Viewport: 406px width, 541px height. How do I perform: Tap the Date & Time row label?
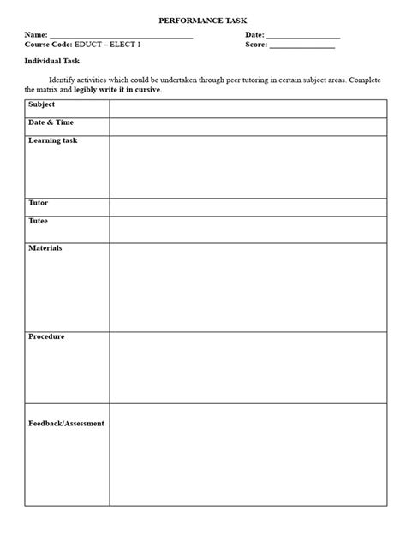point(50,123)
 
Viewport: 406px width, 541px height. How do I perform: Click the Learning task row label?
point(52,140)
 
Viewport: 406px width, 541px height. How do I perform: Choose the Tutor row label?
point(38,203)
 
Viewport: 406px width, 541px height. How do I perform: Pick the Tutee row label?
point(38,221)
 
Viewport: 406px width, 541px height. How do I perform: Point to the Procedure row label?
point(46,336)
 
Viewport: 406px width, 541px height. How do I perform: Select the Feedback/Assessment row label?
point(67,423)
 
